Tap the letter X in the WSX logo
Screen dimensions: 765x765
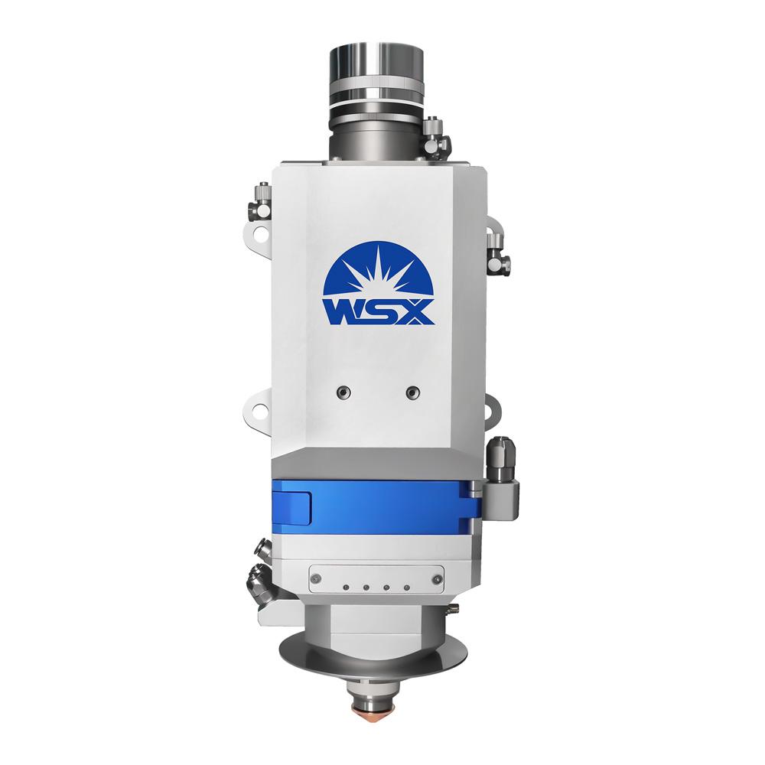pos(415,312)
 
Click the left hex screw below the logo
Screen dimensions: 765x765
pos(343,392)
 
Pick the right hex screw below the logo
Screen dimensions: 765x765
pos(413,392)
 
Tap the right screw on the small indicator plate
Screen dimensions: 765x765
pos(437,578)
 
